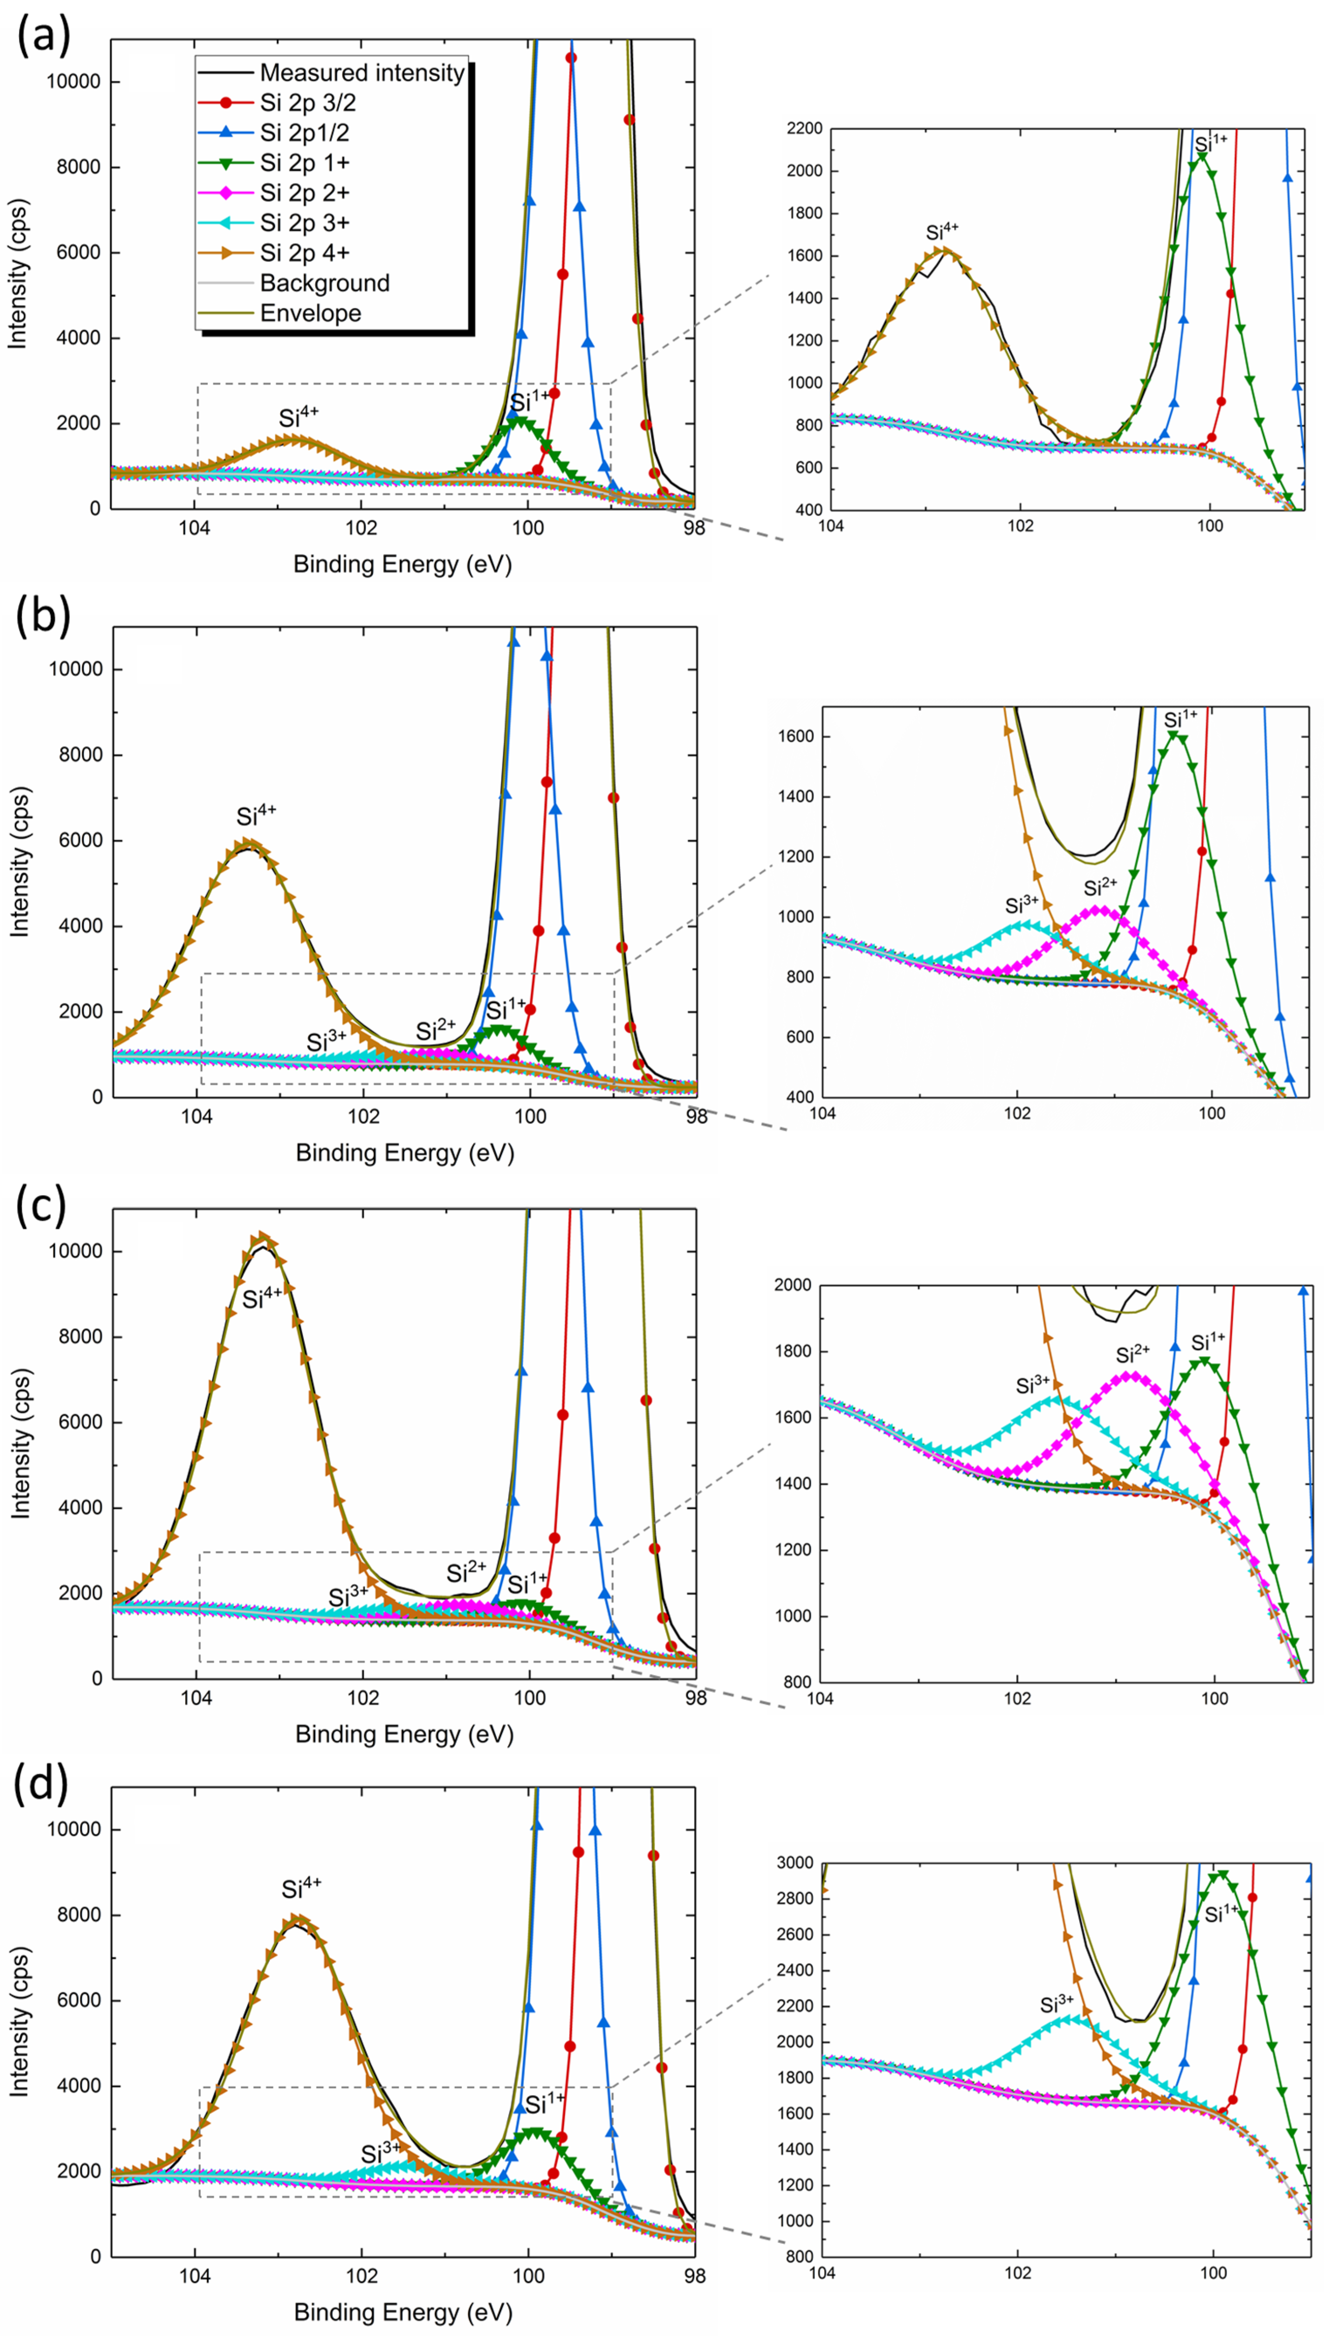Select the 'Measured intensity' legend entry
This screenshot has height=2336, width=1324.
tap(361, 73)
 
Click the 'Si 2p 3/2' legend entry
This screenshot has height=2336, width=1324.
tap(307, 103)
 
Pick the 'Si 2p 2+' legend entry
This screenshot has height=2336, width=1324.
tap(304, 193)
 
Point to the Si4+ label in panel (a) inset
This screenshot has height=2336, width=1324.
tap(942, 231)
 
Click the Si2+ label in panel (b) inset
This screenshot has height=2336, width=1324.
tap(1100, 886)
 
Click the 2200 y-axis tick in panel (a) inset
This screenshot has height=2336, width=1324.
tap(804, 129)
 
